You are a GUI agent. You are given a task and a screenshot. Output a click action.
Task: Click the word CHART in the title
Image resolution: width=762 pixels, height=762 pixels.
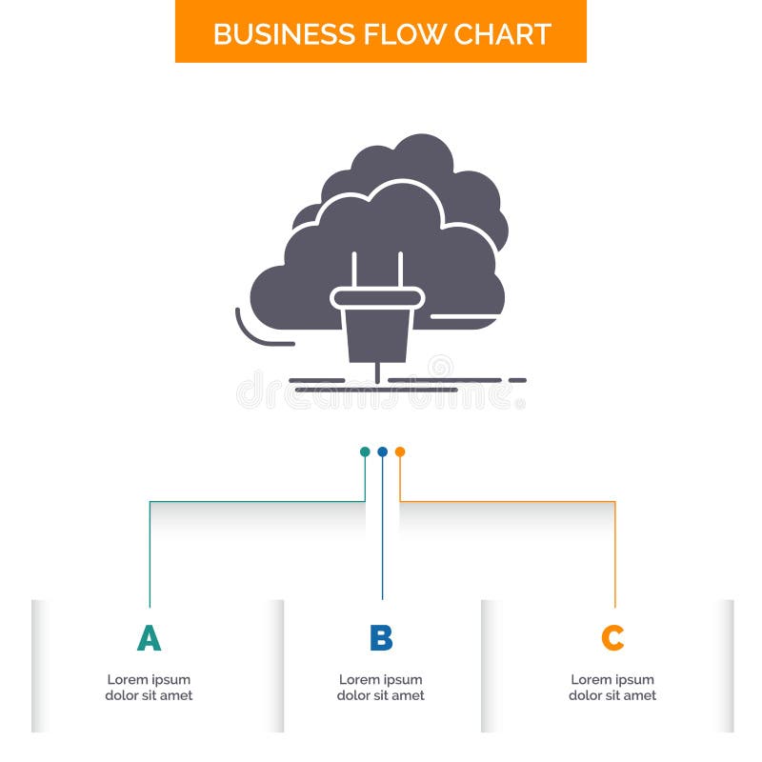[x=502, y=33]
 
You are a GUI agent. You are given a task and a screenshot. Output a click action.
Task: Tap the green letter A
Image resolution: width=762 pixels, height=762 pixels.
[x=149, y=638]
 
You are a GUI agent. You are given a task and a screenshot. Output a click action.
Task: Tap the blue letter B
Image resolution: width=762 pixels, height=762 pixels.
[x=381, y=638]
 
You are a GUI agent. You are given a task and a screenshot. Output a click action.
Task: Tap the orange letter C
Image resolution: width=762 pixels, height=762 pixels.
[x=612, y=638]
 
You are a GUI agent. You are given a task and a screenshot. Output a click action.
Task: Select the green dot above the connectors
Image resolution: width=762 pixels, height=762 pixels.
[x=365, y=451]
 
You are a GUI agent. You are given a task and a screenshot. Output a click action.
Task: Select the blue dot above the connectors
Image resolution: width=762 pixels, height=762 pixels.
[x=382, y=451]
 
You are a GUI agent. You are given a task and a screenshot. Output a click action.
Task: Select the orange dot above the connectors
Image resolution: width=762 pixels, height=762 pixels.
[x=400, y=451]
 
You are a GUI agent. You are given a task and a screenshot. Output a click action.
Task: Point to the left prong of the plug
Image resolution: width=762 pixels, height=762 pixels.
[x=354, y=269]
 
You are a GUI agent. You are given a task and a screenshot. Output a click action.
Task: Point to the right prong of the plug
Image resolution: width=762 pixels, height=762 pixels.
[x=400, y=269]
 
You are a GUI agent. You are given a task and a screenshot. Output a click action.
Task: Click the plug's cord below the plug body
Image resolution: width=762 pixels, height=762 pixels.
[x=377, y=372]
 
